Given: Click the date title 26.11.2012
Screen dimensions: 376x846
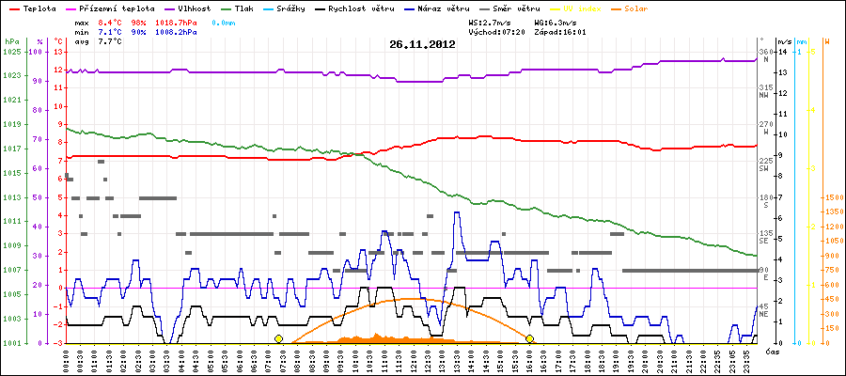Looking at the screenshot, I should [x=422, y=44].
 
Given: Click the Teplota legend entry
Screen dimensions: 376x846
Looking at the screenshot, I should [x=39, y=8].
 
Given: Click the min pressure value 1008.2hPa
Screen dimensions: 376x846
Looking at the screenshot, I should [x=180, y=31].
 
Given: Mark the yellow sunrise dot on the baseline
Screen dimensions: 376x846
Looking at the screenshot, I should [x=278, y=338].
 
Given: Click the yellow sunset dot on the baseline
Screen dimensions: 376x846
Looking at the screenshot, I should [x=529, y=338].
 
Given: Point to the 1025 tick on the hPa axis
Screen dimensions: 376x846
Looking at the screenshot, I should [x=11, y=52].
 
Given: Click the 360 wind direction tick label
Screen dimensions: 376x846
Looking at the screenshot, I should [x=764, y=52].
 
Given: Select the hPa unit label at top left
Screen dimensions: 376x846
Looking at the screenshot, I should [x=10, y=42].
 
